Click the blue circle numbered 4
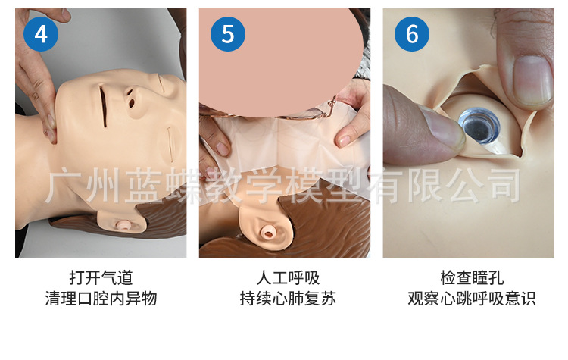(41, 34)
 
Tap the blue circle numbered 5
(228, 34)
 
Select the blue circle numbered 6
(412, 34)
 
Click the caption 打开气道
(101, 278)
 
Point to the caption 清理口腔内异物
(101, 299)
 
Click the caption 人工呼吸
(288, 278)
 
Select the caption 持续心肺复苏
(288, 299)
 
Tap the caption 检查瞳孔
(472, 278)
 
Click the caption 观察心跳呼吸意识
(472, 299)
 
